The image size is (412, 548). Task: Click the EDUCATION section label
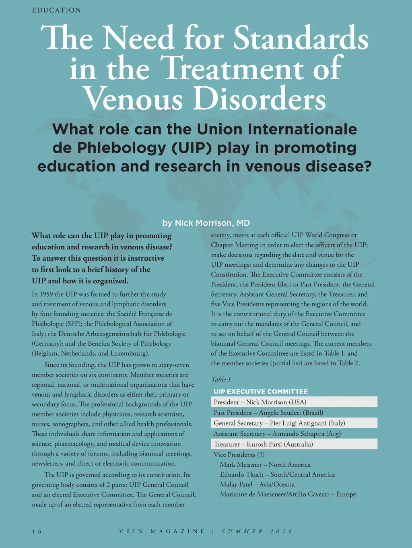[56, 10]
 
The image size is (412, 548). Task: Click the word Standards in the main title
[301, 39]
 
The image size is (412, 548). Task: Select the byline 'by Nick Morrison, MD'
[206, 223]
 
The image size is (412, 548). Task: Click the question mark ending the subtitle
[367, 166]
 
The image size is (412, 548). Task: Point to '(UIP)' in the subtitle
[192, 148]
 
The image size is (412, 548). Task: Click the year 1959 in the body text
[46, 294]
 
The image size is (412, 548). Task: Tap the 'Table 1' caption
[221, 379]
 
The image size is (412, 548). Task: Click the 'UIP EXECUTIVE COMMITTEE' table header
[261, 391]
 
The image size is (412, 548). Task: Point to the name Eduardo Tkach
[241, 474]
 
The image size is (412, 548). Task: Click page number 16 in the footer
[37, 532]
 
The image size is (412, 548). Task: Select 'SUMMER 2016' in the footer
[257, 532]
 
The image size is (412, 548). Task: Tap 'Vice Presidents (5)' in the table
[239, 455]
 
